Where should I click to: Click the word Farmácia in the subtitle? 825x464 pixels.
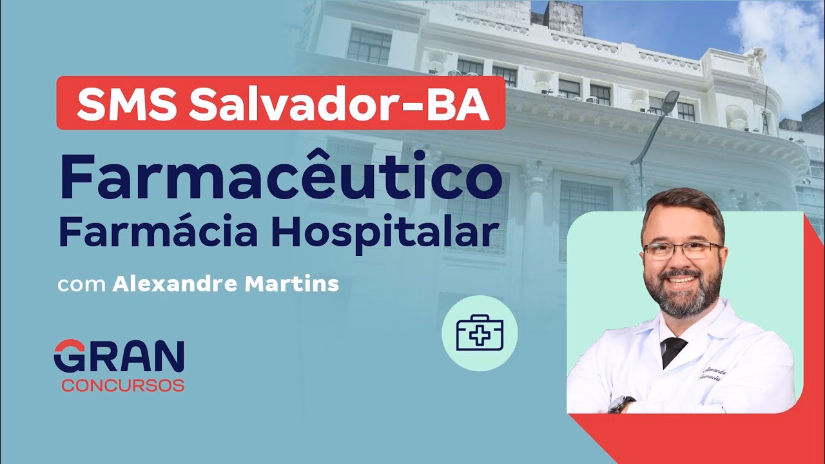[x=139, y=233]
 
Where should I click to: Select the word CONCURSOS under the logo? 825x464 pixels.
[x=123, y=386]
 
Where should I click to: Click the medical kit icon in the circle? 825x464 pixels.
[x=480, y=333]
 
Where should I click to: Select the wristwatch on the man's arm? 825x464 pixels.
[x=621, y=404]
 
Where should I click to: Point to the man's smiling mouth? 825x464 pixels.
[x=684, y=282]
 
